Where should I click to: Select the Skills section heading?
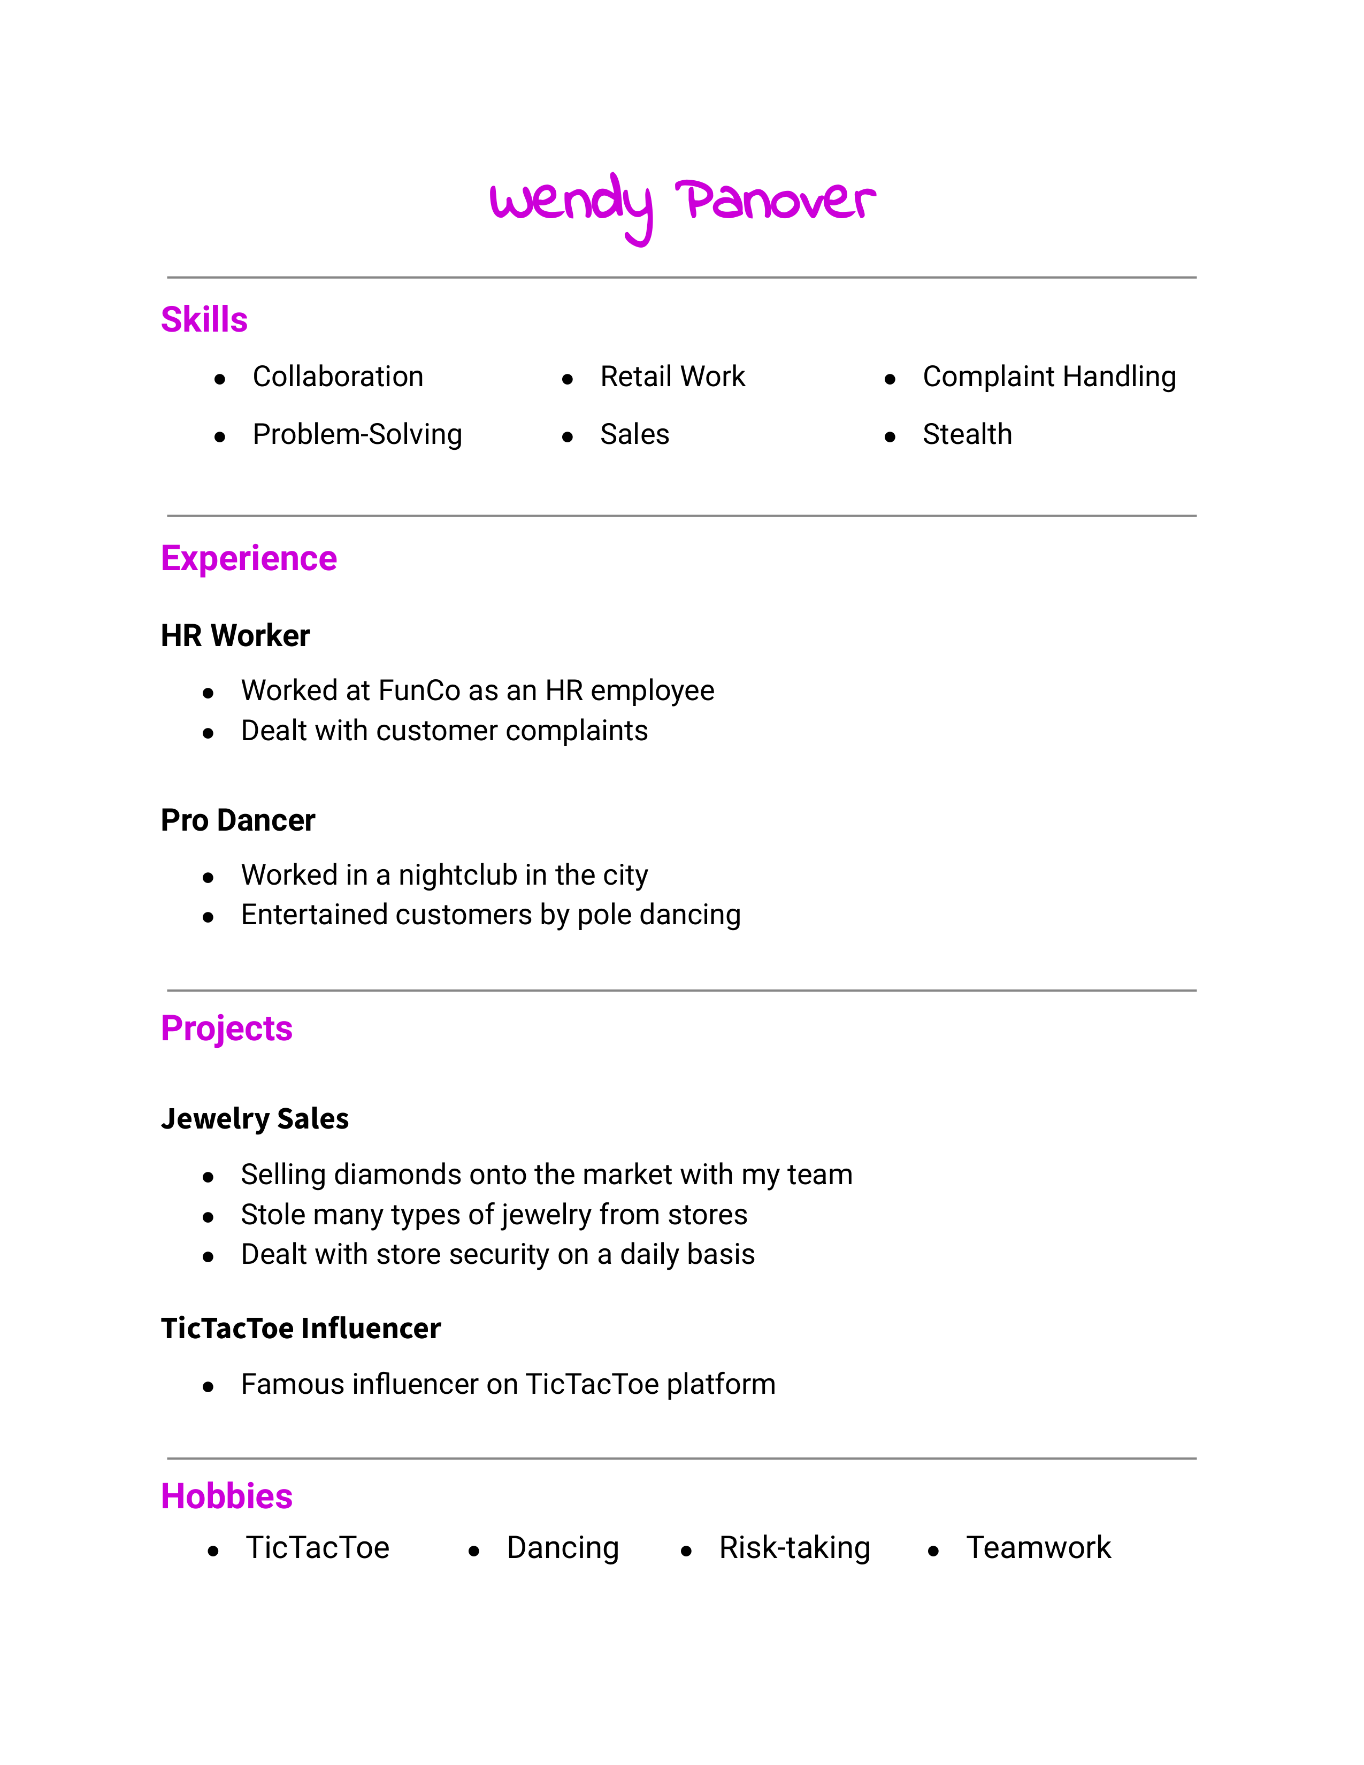pos(204,319)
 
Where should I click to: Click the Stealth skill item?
pos(967,435)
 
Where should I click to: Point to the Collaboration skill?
pos(338,377)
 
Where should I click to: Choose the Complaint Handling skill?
pos(1049,377)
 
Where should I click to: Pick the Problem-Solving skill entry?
pos(357,435)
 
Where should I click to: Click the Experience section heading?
pos(249,558)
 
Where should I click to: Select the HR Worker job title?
pos(235,636)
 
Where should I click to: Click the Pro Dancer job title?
pos(237,820)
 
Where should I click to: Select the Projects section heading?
pos(226,1029)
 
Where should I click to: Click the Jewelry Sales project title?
pos(255,1118)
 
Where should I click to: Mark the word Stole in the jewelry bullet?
pos(271,1215)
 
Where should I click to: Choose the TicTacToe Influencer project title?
pos(301,1329)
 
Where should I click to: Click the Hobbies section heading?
pos(226,1497)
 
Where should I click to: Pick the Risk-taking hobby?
pos(794,1548)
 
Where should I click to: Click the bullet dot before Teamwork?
pos(933,1552)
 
